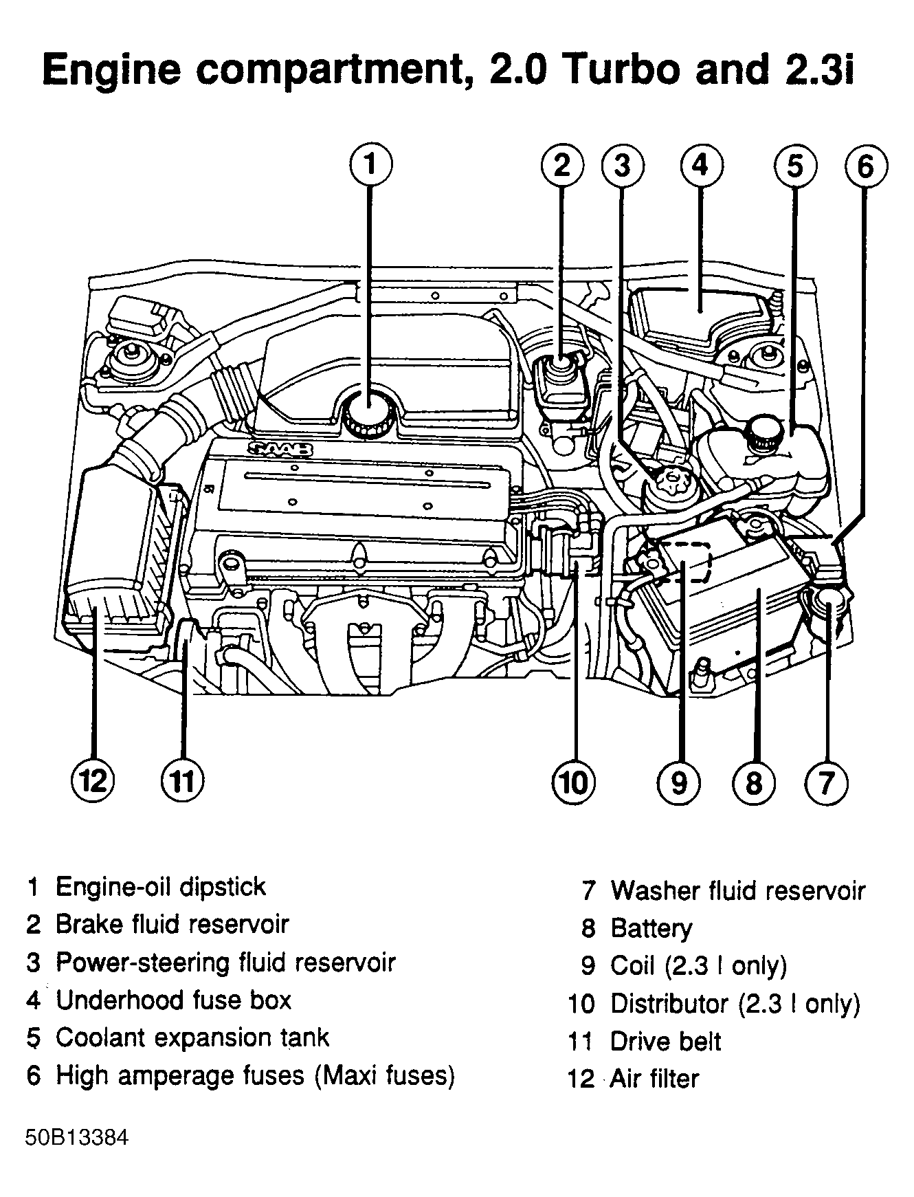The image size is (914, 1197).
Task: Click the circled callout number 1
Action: (370, 166)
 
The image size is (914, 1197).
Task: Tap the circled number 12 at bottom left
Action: (93, 782)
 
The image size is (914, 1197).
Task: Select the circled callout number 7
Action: (826, 782)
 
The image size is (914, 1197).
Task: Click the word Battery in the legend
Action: (651, 928)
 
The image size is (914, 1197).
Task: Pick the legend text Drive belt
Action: (665, 1041)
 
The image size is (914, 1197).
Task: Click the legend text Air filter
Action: (654, 1078)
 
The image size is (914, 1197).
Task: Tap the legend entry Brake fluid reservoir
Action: (172, 924)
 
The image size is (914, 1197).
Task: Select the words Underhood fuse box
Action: (173, 1000)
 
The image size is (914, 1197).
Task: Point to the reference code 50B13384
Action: (77, 1138)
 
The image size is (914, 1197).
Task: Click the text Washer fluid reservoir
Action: (737, 890)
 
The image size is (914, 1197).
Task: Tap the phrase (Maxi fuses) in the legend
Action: (385, 1075)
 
